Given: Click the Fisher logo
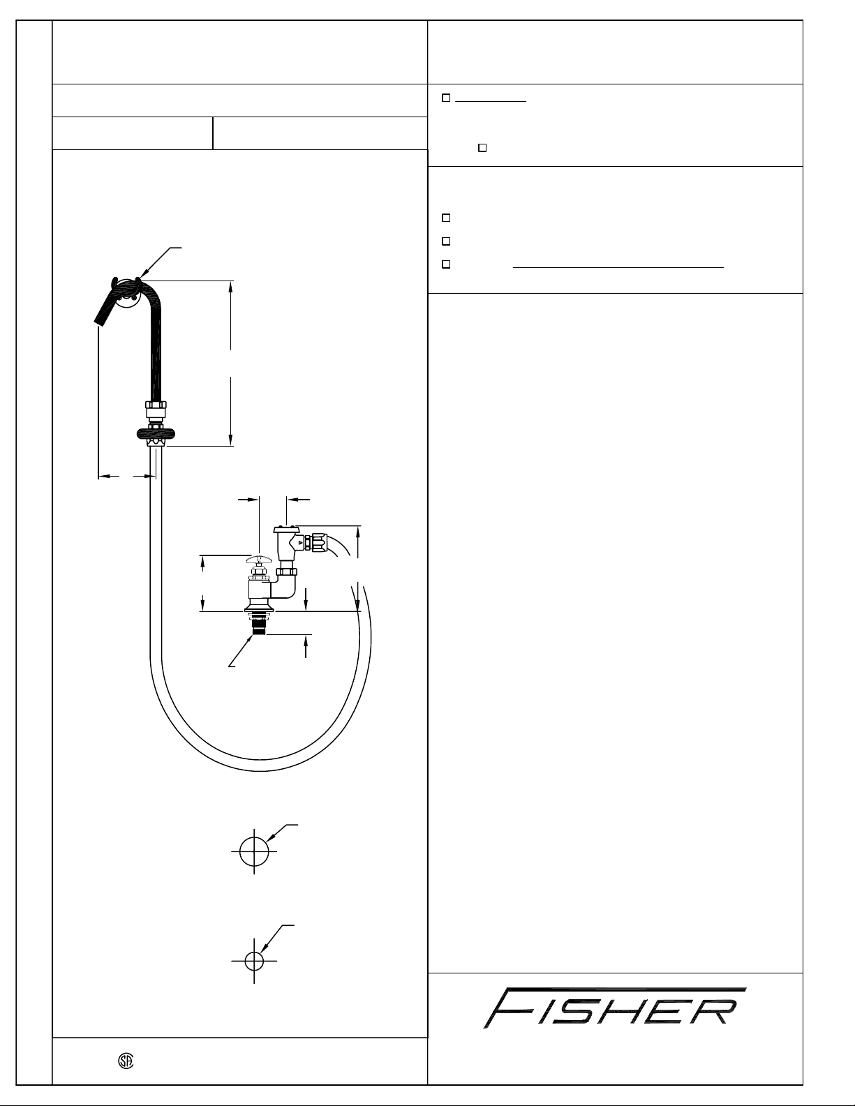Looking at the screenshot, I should pyautogui.click(x=615, y=1008).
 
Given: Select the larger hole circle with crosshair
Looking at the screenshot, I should pyautogui.click(x=254, y=851).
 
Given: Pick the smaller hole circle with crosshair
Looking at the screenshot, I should pyautogui.click(x=254, y=960).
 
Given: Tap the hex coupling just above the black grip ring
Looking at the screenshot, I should pyautogui.click(x=155, y=408).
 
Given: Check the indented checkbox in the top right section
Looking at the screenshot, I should pyautogui.click(x=482, y=148).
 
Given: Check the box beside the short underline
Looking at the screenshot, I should pyautogui.click(x=446, y=98).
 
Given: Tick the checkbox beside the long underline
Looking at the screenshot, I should pyautogui.click(x=446, y=264).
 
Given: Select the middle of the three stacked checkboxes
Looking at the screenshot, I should pyautogui.click(x=446, y=241).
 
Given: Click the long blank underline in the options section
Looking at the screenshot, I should pyautogui.click(x=618, y=267).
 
